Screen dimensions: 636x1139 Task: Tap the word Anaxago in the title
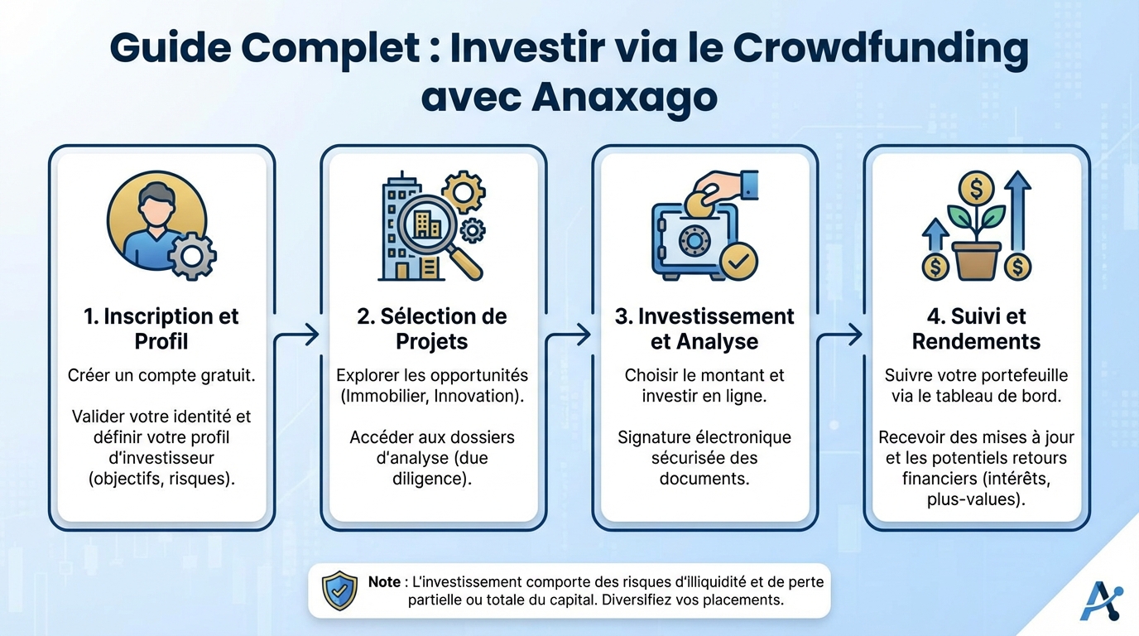pyautogui.click(x=623, y=97)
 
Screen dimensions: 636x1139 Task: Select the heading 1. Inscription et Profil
pyautogui.click(x=161, y=329)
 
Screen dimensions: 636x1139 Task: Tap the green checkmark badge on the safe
pyautogui.click(x=738, y=263)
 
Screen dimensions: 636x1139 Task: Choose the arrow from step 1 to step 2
pyautogui.click(x=297, y=335)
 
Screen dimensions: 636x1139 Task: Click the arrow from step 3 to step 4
pyautogui.click(x=840, y=335)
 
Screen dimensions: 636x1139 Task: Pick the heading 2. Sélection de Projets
pyautogui.click(x=432, y=329)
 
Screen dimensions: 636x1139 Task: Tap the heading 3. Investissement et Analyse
pyautogui.click(x=704, y=329)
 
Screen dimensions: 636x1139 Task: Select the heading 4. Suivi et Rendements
pyautogui.click(x=976, y=329)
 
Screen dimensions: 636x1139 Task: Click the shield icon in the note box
pyautogui.click(x=339, y=590)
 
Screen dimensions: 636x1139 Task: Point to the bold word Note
pyautogui.click(x=384, y=582)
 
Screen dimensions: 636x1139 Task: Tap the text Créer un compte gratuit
pyautogui.click(x=161, y=375)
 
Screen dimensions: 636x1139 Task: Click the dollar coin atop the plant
pyautogui.click(x=977, y=190)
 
